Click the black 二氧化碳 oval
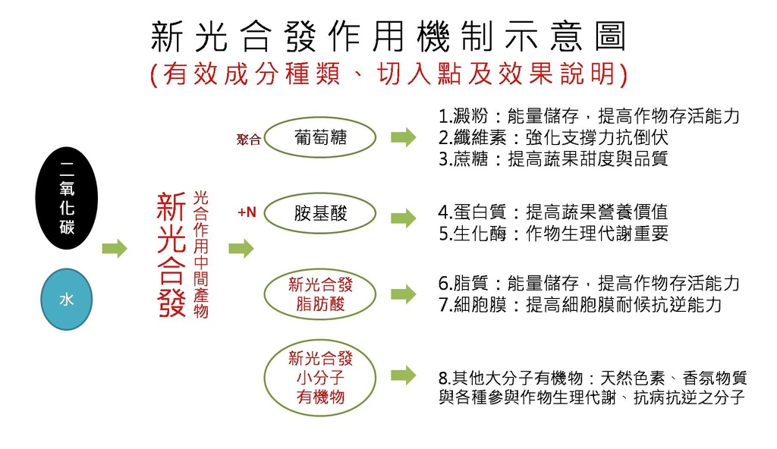point(67,198)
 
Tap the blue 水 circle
point(66,299)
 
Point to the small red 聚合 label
point(248,140)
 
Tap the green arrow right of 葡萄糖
point(403,137)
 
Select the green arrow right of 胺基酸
point(403,218)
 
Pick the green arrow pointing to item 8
point(403,375)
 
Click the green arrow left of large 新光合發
point(115,248)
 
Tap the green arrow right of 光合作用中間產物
point(241,248)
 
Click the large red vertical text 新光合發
point(171,255)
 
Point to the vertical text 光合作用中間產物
point(201,254)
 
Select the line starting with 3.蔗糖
point(553,159)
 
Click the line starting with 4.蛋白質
point(553,212)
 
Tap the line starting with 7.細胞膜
point(580,304)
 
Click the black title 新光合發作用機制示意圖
point(388,36)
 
